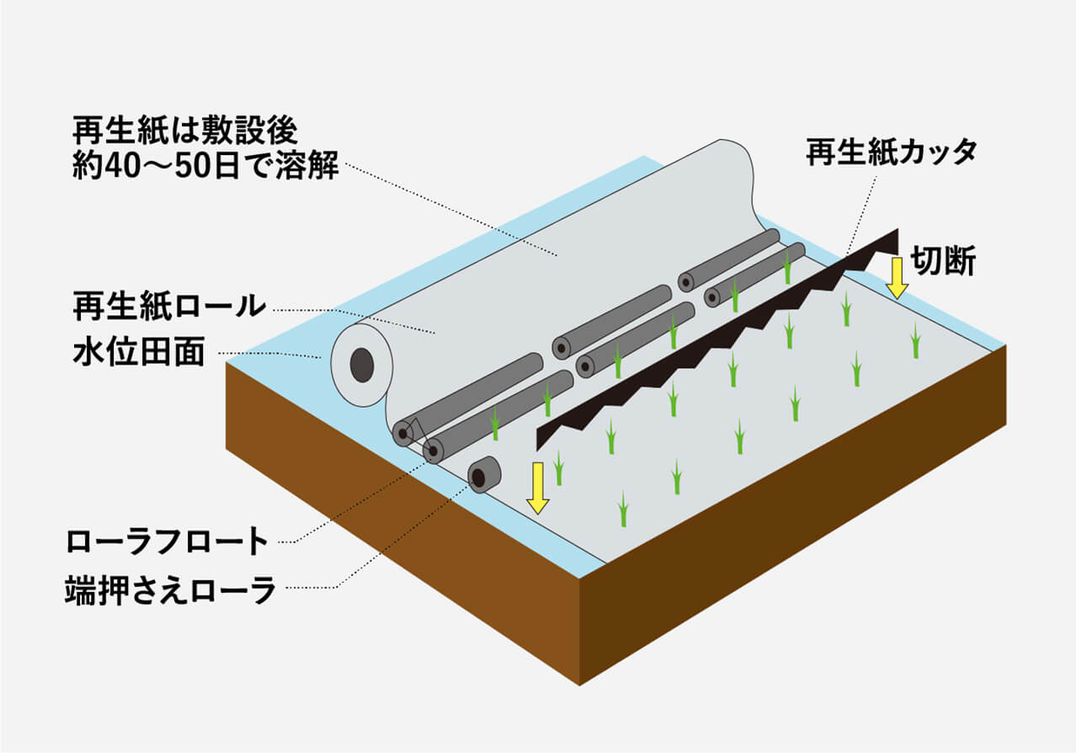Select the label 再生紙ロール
[x=168, y=307]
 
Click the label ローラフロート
[x=168, y=541]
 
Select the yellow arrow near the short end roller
[x=537, y=487]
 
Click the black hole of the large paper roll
[x=362, y=365]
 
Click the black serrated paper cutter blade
[x=716, y=337]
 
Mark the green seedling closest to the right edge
[x=915, y=340]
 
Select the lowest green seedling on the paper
[x=622, y=510]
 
